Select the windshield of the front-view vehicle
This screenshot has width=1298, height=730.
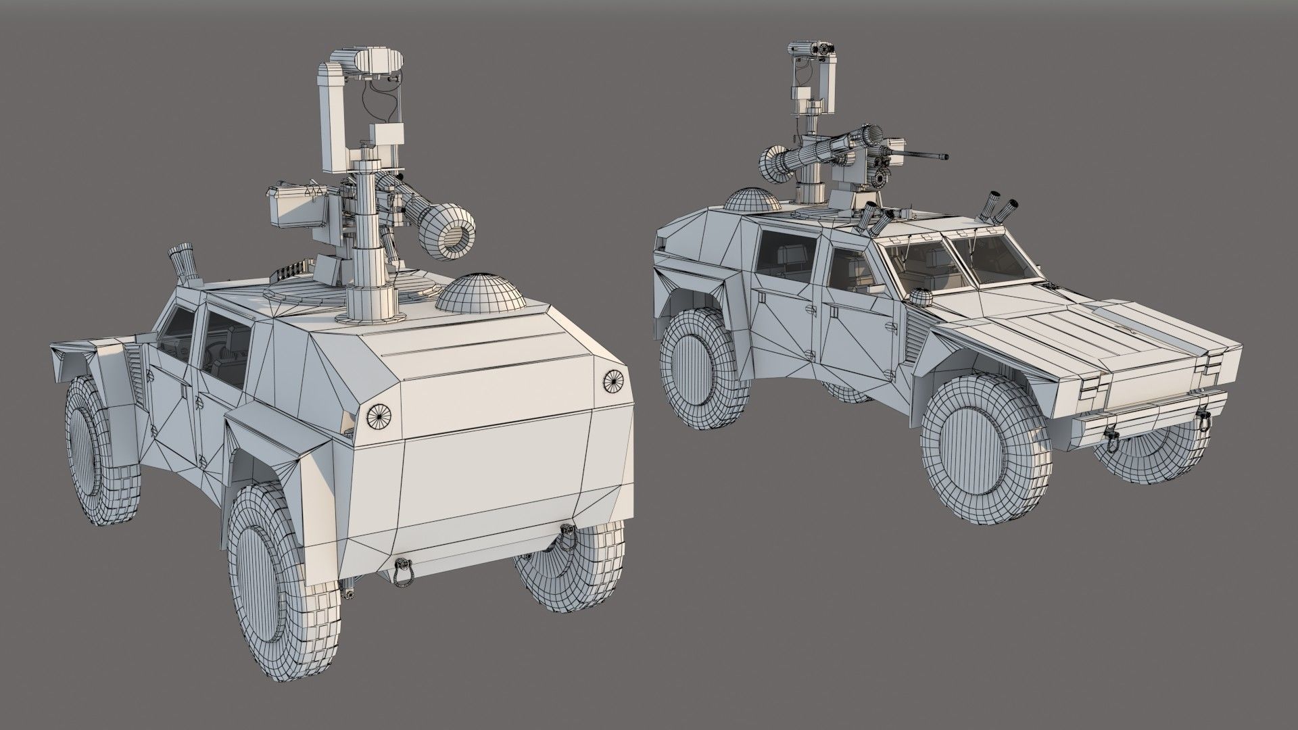[960, 264]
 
